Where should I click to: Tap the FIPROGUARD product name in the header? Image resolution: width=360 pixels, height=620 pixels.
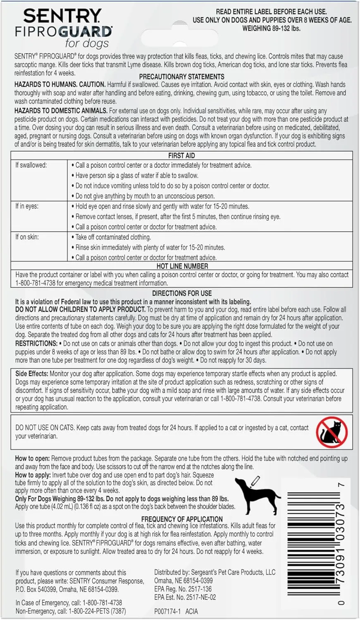[x=64, y=32]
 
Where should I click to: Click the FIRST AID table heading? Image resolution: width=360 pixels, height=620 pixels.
[x=181, y=155]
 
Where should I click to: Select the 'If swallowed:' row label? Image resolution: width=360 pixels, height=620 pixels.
[x=31, y=165]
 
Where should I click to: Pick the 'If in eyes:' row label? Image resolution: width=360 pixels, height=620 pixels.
[x=27, y=206]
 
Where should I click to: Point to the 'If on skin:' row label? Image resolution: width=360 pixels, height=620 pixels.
[x=27, y=237]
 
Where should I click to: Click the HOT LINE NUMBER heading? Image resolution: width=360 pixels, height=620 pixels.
[x=182, y=266]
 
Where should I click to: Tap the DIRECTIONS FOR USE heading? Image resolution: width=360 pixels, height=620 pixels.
[x=182, y=293]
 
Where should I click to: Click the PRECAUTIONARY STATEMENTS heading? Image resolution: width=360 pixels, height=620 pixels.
[x=181, y=76]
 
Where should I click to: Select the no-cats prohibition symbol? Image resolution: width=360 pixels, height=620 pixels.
[x=331, y=432]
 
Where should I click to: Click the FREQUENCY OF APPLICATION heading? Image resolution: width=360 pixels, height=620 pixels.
[x=182, y=519]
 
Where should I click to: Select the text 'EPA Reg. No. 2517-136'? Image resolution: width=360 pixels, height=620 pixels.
[x=183, y=589]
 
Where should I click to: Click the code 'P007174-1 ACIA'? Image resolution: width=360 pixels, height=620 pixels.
[x=176, y=611]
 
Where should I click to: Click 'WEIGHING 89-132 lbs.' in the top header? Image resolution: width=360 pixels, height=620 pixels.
[x=272, y=29]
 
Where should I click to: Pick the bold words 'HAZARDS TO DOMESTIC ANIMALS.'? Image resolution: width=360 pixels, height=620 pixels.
[x=61, y=111]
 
